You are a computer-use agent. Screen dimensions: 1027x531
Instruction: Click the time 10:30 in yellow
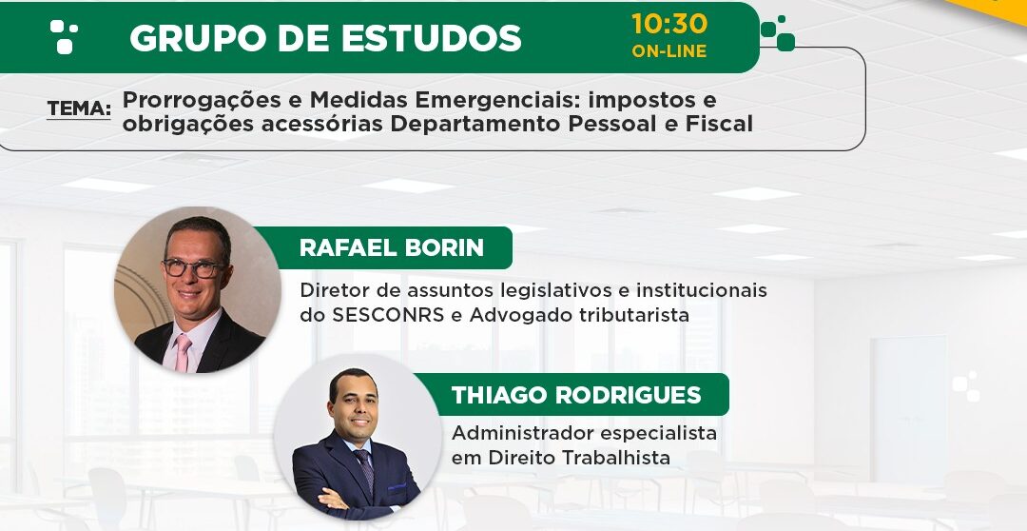pos(669,24)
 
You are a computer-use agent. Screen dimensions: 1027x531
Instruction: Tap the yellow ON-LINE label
pos(669,51)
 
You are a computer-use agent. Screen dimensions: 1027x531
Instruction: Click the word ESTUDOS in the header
pos(431,38)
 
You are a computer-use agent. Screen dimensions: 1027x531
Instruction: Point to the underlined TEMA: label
pos(79,108)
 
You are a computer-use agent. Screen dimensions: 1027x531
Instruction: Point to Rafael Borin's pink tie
pos(183,353)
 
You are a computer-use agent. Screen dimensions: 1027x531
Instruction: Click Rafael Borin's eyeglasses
pos(193,268)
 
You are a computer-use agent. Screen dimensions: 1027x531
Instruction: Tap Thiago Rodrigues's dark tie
pos(365,471)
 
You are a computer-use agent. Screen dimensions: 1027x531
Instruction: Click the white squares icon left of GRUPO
pos(65,36)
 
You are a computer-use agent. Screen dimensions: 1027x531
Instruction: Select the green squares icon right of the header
pos(778,32)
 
